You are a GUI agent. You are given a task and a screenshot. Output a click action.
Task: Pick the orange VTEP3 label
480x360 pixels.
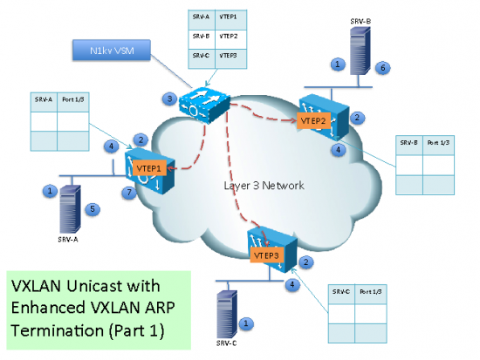pyautogui.click(x=265, y=255)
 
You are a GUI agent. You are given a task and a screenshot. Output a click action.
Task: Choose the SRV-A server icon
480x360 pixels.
pyautogui.click(x=67, y=204)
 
